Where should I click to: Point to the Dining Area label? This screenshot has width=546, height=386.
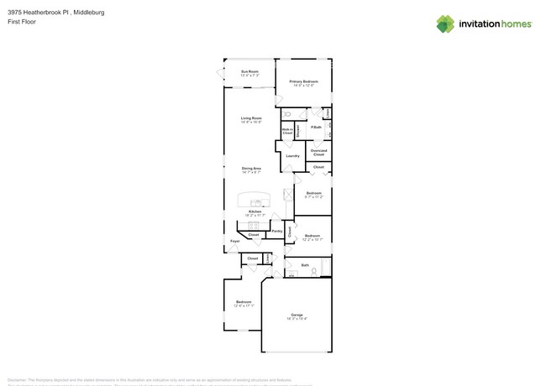pos(251,170)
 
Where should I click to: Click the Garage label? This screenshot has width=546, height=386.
pos(297,316)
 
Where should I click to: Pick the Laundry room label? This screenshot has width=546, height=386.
pos(292,155)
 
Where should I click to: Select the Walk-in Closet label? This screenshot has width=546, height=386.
pos(287,131)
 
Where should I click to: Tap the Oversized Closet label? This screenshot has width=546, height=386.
pos(318,153)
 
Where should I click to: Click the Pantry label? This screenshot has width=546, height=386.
pos(276,230)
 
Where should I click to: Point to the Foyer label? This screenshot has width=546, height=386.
pos(235,241)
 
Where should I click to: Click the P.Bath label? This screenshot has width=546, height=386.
pos(316,128)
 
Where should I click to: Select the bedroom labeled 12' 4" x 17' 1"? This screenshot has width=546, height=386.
pos(243,303)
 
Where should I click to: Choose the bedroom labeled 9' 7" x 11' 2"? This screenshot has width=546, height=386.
pos(313,195)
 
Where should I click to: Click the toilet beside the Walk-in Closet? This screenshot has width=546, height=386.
pos(287,113)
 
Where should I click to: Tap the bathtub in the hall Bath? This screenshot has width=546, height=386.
pos(326,267)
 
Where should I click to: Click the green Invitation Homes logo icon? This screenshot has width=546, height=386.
pos(445,23)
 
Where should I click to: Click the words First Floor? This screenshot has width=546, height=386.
pos(23,23)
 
